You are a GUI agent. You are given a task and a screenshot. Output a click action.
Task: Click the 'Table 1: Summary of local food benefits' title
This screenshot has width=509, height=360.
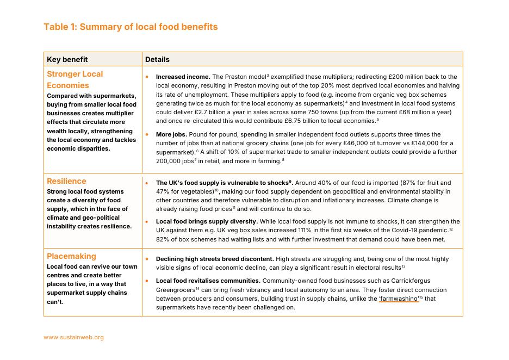click(x=131, y=27)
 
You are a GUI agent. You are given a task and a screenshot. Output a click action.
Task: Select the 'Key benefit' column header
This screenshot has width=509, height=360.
click(x=67, y=59)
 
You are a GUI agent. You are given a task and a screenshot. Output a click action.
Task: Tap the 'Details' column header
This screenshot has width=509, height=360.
click(x=157, y=59)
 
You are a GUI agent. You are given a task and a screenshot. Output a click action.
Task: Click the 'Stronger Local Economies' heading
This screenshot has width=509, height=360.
click(x=75, y=79)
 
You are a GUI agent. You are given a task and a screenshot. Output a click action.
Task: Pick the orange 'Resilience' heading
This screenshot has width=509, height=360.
click(x=66, y=181)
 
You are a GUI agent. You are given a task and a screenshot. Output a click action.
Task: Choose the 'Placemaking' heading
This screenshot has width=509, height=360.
click(x=71, y=256)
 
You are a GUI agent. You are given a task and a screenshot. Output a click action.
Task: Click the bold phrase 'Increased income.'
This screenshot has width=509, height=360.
click(x=183, y=77)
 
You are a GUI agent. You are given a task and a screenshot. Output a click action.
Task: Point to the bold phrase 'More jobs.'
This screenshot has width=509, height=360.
click(x=172, y=134)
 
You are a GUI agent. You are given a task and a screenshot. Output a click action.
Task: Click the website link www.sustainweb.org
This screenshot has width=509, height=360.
click(x=73, y=337)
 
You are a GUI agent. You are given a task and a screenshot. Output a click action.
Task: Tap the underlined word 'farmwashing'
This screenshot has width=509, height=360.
click(x=399, y=299)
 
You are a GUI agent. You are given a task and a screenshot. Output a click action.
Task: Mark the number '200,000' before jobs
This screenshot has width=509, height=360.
click(x=169, y=161)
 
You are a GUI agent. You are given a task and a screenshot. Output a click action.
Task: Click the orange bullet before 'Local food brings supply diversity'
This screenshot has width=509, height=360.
click(x=147, y=222)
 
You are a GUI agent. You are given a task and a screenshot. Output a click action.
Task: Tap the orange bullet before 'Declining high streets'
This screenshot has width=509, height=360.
click(x=147, y=259)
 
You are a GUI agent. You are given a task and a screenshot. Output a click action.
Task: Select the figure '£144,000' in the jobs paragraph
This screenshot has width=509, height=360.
click(x=410, y=143)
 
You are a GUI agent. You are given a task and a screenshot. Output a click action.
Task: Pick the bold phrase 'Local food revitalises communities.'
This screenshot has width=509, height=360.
click(x=208, y=281)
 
